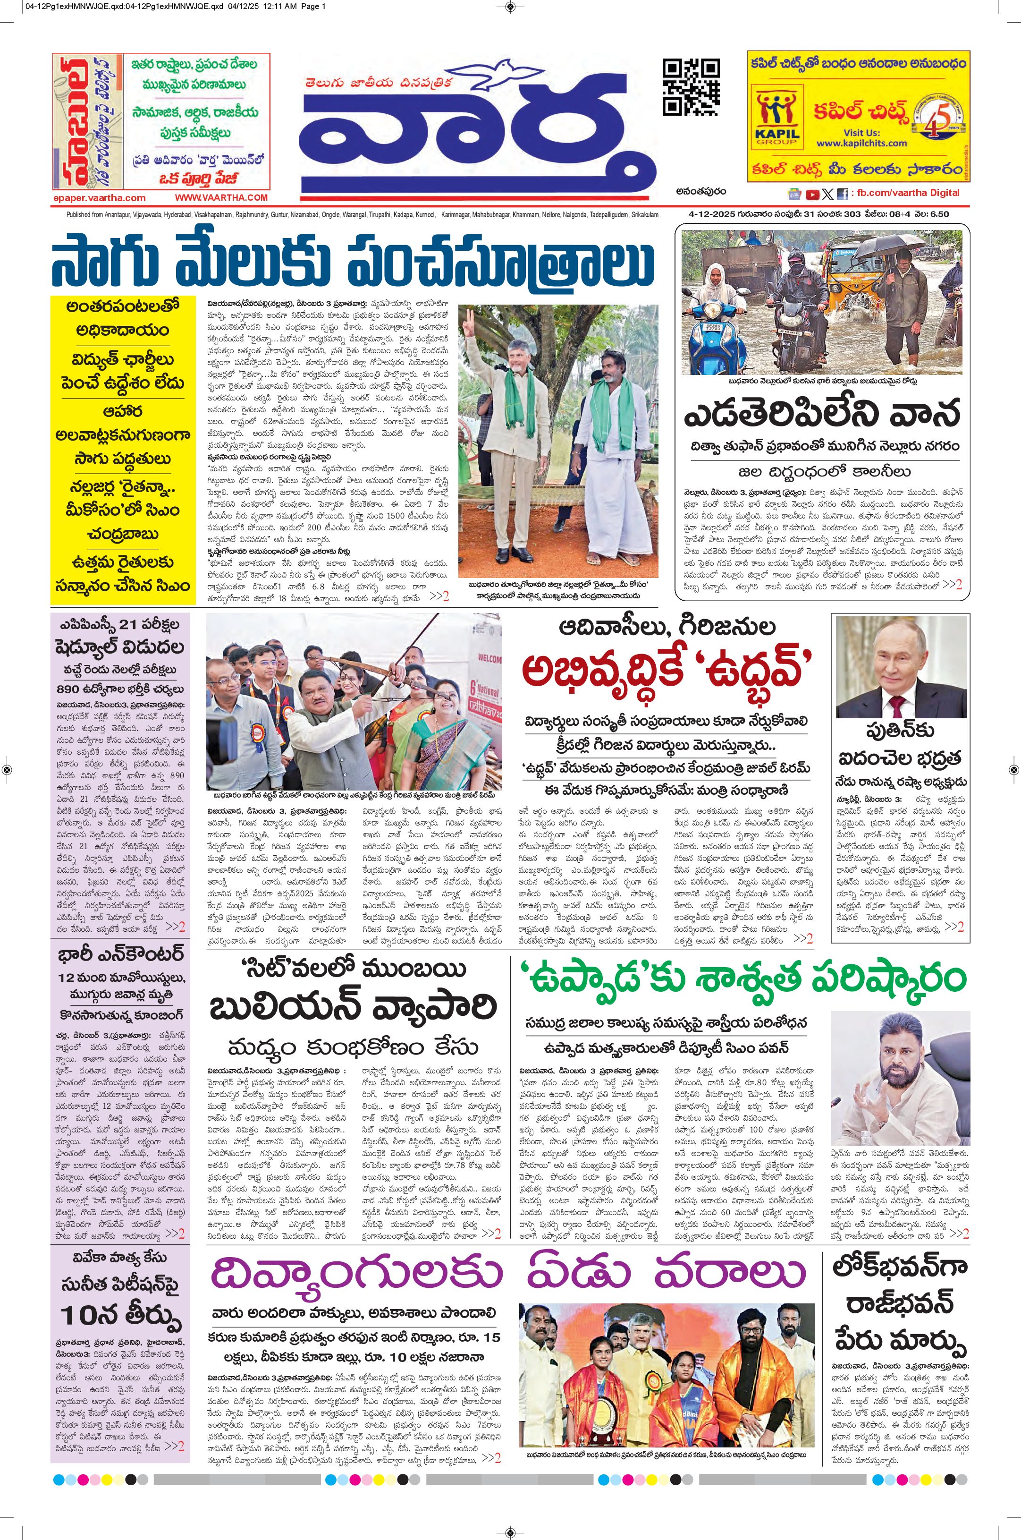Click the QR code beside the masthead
tap(691, 86)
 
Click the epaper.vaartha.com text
tap(100, 198)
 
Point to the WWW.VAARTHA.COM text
tap(221, 197)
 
